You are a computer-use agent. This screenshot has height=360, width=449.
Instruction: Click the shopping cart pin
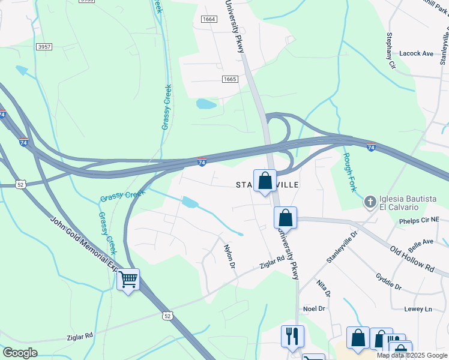click(x=128, y=280)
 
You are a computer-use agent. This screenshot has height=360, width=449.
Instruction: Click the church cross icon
click(x=370, y=202)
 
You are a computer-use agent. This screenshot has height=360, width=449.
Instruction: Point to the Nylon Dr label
click(x=229, y=255)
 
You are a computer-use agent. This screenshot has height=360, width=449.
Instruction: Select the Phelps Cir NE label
click(x=423, y=221)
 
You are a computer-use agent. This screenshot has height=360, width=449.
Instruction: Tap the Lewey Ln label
click(x=418, y=309)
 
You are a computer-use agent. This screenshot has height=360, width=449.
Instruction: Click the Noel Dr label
click(x=314, y=308)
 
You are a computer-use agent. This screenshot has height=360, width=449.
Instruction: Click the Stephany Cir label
click(x=391, y=50)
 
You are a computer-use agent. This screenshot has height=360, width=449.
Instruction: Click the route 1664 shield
click(x=209, y=20)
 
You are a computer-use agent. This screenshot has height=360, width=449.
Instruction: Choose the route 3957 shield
click(x=44, y=47)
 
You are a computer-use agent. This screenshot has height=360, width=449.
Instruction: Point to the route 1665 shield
click(x=229, y=79)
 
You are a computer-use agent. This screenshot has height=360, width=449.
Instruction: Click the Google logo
click(x=20, y=353)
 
